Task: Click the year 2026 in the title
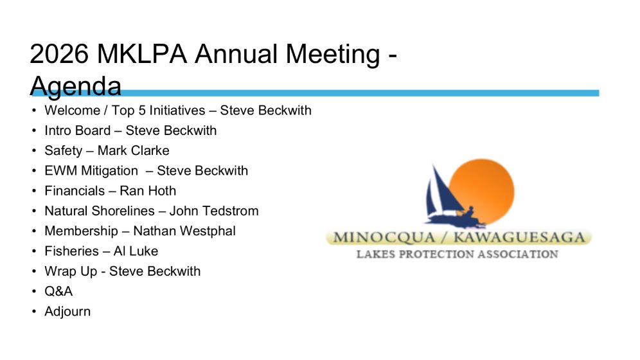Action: click(x=59, y=53)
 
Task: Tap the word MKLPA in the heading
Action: click(x=142, y=53)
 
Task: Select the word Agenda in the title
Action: click(x=76, y=86)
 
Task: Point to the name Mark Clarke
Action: click(x=134, y=150)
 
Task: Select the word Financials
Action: click(x=75, y=191)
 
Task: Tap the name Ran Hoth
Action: click(x=148, y=191)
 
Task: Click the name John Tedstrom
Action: click(x=214, y=211)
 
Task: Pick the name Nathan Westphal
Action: click(x=184, y=231)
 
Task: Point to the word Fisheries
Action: click(x=72, y=251)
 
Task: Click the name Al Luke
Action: click(x=136, y=251)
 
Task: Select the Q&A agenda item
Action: click(x=58, y=291)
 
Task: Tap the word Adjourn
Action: click(x=67, y=312)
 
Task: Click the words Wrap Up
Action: click(x=71, y=271)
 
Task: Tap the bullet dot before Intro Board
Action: click(x=34, y=130)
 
